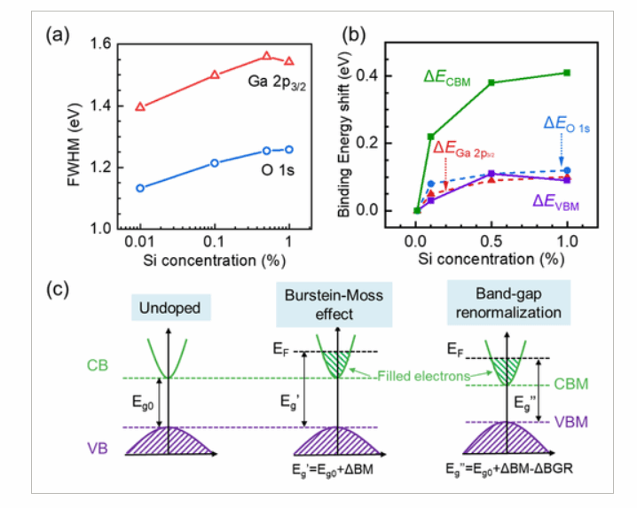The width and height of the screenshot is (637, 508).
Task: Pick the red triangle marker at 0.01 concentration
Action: pyautogui.click(x=140, y=106)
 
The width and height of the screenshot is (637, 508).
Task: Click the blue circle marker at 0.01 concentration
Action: pyautogui.click(x=140, y=188)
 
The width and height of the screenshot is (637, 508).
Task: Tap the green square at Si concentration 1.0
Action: pyautogui.click(x=566, y=73)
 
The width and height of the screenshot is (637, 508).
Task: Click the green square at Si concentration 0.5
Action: pyautogui.click(x=492, y=82)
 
